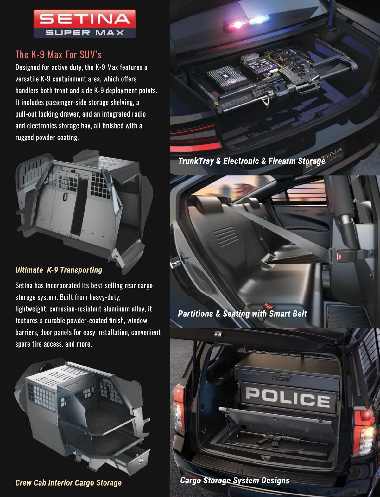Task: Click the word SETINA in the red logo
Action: (x=85, y=19)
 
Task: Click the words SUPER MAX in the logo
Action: (x=85, y=33)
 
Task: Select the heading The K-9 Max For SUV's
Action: (x=58, y=54)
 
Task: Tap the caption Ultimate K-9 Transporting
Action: (x=59, y=270)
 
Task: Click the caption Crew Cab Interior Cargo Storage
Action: (x=68, y=483)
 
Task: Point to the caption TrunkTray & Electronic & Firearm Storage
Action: (x=252, y=161)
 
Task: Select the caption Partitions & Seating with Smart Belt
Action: (x=242, y=314)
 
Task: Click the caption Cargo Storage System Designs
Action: (x=235, y=480)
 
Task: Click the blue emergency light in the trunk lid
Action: (x=258, y=20)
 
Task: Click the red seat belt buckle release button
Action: (x=339, y=257)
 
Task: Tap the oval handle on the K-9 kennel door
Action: (x=65, y=196)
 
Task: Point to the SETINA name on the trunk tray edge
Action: (x=235, y=101)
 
